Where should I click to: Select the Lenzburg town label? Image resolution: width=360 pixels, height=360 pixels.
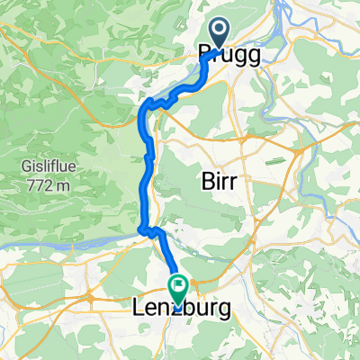(176, 309)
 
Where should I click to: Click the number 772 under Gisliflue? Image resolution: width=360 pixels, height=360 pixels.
(39, 184)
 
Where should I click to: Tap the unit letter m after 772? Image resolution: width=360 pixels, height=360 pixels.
(62, 184)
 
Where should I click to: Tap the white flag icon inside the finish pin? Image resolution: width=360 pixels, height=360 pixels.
(178, 287)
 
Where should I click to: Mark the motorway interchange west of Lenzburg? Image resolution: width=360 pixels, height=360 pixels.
(91, 296)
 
